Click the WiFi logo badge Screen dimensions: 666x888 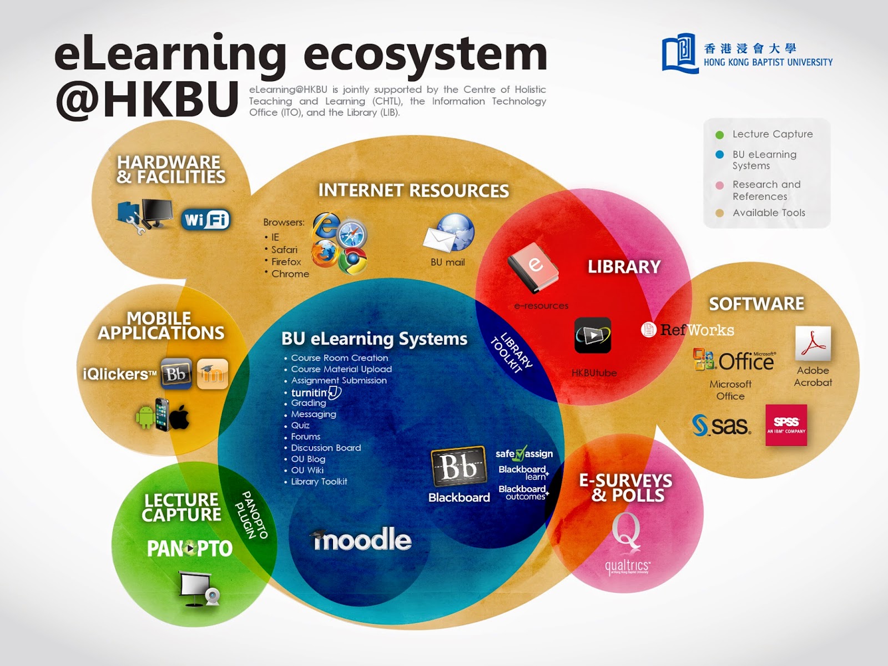point(205,220)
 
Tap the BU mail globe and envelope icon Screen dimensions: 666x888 point(450,233)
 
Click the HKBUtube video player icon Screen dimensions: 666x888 point(593,335)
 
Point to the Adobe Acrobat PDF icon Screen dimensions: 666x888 point(813,344)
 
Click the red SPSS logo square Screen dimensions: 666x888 point(786,425)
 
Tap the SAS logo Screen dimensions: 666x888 point(722,426)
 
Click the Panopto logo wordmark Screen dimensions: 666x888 point(189,549)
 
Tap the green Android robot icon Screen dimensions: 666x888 point(145,416)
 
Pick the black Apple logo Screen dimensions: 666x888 point(180,416)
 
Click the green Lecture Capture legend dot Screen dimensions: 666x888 point(720,135)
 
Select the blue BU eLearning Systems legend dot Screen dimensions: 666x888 point(720,155)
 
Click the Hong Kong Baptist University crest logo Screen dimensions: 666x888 point(679,53)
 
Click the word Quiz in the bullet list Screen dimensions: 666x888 point(300,426)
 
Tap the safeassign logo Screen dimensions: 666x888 point(524,453)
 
